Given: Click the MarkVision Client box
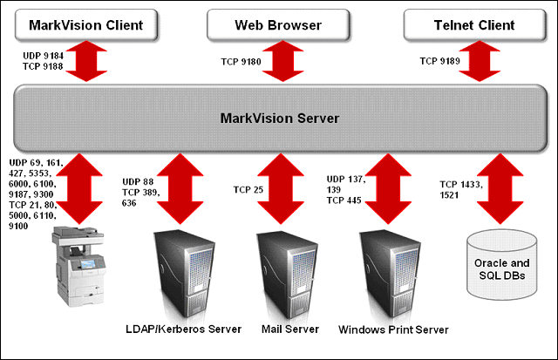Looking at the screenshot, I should (85, 25).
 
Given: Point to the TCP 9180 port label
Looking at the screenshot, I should (238, 62).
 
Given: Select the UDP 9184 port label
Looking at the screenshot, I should (42, 56).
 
